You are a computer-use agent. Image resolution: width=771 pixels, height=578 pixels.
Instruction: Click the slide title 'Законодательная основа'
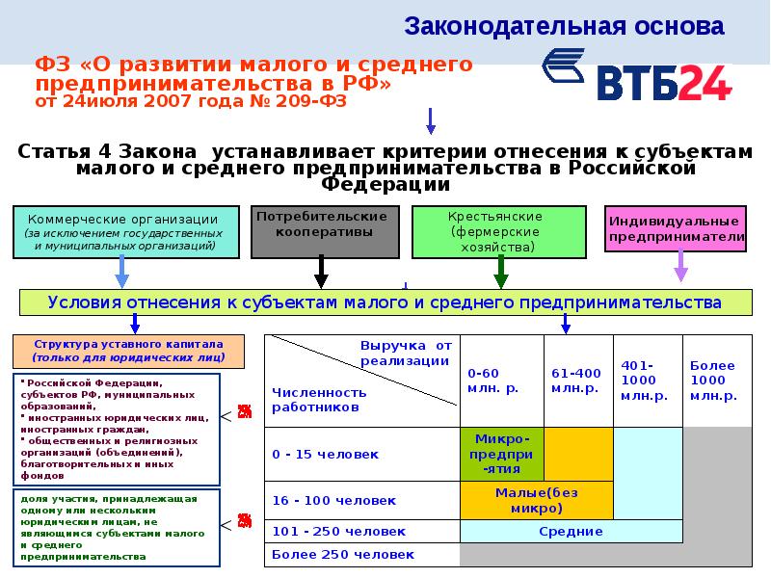pyautogui.click(x=563, y=25)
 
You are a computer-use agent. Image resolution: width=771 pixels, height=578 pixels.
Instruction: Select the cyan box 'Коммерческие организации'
pyautogui.click(x=125, y=231)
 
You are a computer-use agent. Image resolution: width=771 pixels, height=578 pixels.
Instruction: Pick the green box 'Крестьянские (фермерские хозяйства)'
pyautogui.click(x=500, y=231)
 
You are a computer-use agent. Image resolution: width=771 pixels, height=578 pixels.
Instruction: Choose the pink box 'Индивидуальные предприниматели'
pyautogui.click(x=676, y=229)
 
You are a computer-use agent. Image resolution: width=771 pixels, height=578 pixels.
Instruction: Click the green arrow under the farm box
pyautogui.click(x=501, y=273)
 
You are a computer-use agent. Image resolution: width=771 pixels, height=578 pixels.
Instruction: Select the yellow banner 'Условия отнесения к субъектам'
pyautogui.click(x=385, y=302)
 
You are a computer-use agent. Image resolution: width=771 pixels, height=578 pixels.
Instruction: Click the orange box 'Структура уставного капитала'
pyautogui.click(x=128, y=350)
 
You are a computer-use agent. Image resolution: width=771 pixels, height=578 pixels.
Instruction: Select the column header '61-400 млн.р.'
pyautogui.click(x=577, y=380)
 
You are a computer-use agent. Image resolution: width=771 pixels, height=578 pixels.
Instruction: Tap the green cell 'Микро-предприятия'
pyautogui.click(x=501, y=454)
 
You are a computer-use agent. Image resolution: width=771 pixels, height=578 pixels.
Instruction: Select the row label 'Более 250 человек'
pyautogui.click(x=344, y=555)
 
